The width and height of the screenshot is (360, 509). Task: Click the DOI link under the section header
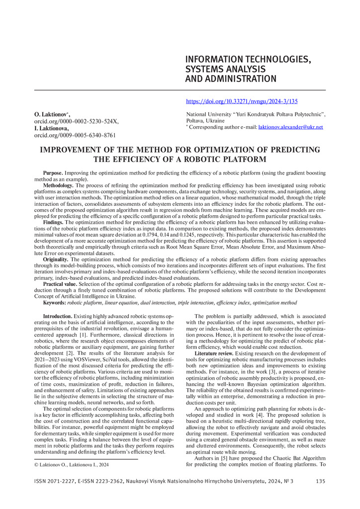(242, 101)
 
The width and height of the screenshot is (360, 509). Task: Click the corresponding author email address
(290, 127)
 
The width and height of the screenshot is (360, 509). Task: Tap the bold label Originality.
(56, 259)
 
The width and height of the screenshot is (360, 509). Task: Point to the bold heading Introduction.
(58, 316)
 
